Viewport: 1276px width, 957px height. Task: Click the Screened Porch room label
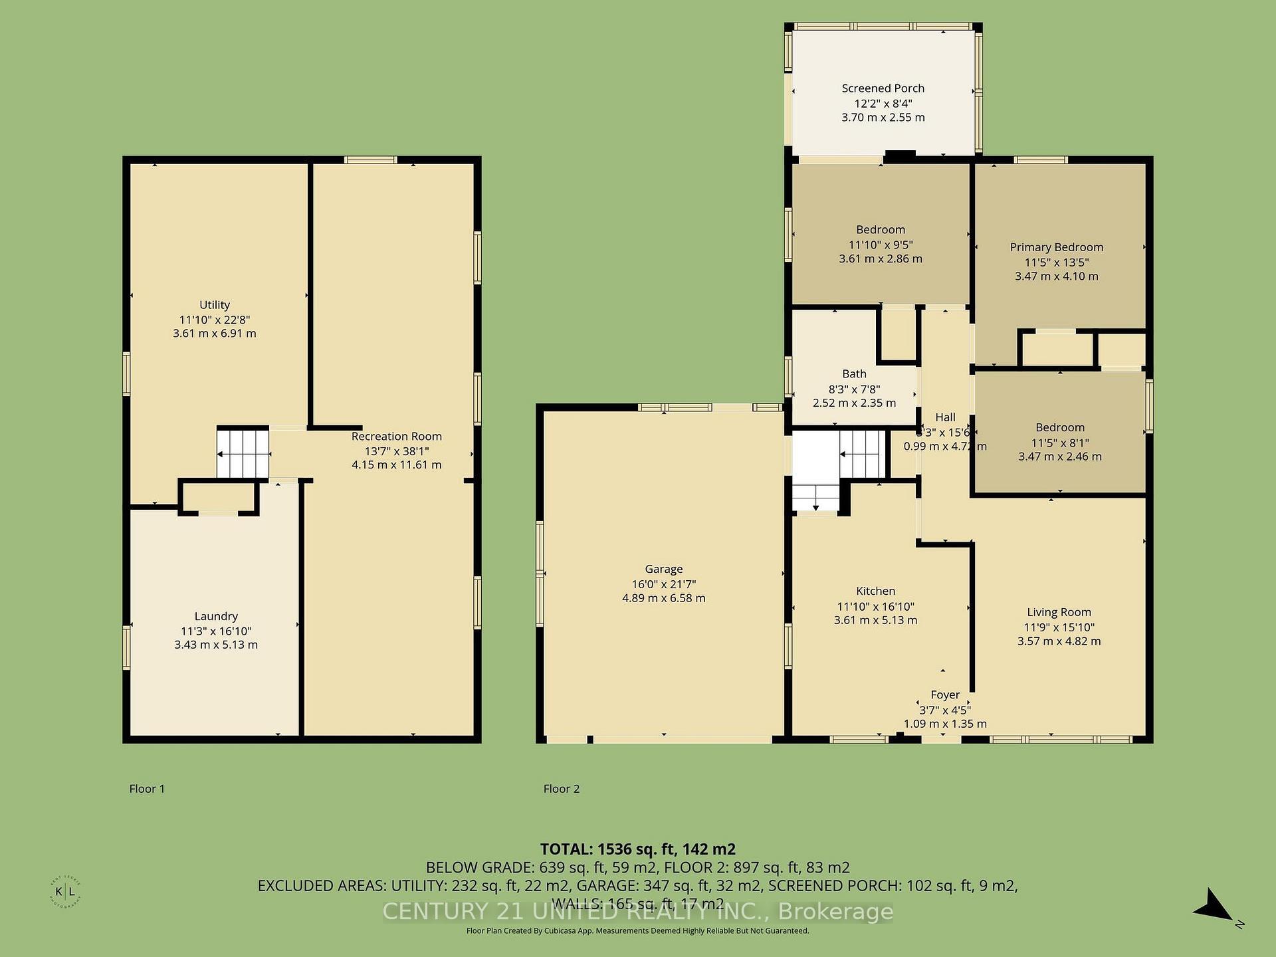pyautogui.click(x=883, y=88)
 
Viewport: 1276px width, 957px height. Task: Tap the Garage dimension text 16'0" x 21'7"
pyautogui.click(x=663, y=584)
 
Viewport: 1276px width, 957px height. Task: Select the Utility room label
pyautogui.click(x=214, y=305)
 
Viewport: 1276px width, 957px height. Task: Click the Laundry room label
pyautogui.click(x=216, y=616)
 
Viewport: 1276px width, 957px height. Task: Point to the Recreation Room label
pyautogui.click(x=396, y=437)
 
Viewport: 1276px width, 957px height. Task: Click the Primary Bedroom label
pyautogui.click(x=1056, y=247)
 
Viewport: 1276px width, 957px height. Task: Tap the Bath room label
pyautogui.click(x=854, y=374)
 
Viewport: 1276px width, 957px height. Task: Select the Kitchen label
pyautogui.click(x=875, y=591)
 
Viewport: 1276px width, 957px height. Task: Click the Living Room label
pyautogui.click(x=1059, y=612)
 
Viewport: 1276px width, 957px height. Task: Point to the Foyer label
pyautogui.click(x=944, y=694)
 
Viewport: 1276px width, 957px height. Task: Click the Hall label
pyautogui.click(x=945, y=417)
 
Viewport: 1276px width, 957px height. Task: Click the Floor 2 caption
pyautogui.click(x=561, y=789)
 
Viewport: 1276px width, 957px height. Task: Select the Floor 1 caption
pyautogui.click(x=147, y=789)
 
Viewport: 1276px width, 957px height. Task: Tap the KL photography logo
pyautogui.click(x=65, y=892)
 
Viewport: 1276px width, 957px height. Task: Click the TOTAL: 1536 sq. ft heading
pyautogui.click(x=637, y=849)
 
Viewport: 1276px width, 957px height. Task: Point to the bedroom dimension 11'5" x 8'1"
pyautogui.click(x=1059, y=443)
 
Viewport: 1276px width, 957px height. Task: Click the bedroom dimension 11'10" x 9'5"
pyautogui.click(x=880, y=245)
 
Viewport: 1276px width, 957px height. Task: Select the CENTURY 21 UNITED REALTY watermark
pyautogui.click(x=637, y=912)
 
